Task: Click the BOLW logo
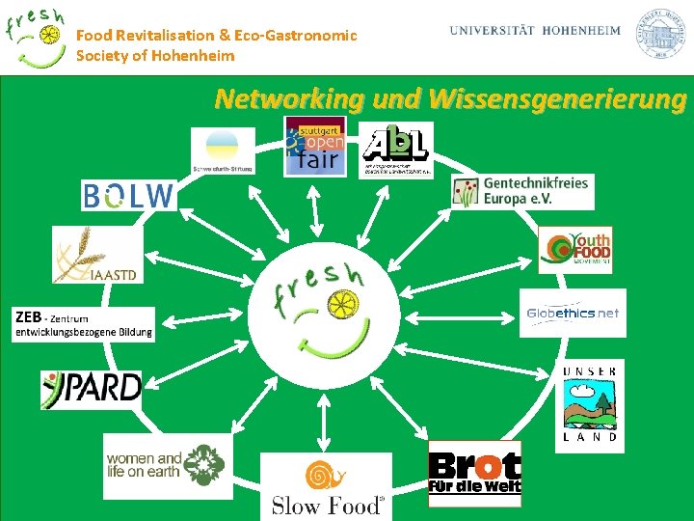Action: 128,196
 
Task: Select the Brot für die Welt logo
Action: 474,474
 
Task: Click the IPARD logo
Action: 92,388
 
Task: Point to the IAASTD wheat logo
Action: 96,256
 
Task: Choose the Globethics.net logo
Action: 573,313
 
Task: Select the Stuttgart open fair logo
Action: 314,146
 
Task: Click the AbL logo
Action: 396,150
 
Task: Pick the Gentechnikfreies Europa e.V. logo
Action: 521,190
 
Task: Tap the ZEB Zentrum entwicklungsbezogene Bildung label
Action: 84,325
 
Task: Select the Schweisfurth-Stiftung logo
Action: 223,152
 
